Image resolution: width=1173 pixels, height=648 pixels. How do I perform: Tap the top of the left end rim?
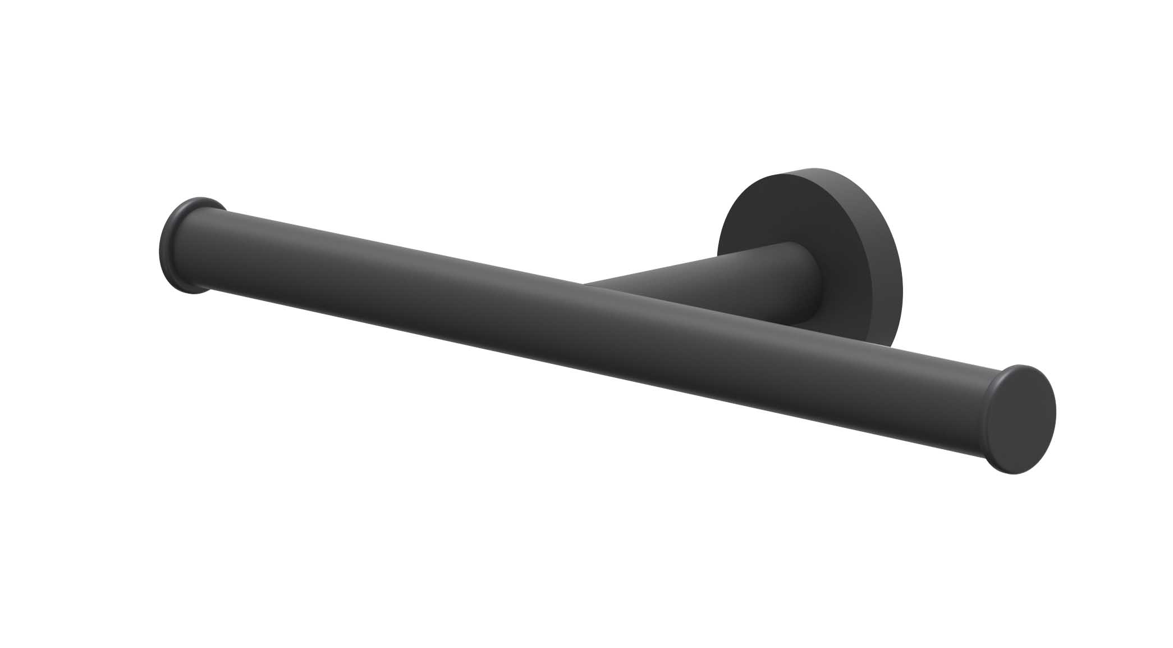[x=194, y=199]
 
